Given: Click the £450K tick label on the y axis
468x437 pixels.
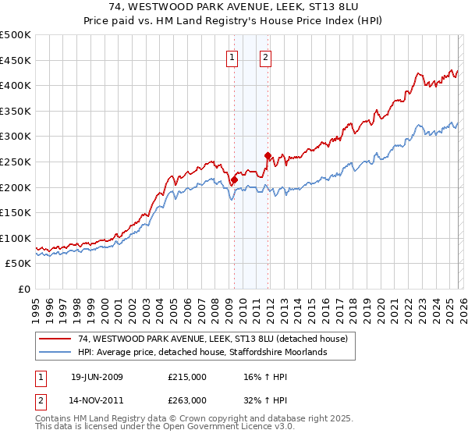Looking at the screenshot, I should click(16, 60).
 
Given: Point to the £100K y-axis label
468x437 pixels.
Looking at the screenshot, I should click(16, 238).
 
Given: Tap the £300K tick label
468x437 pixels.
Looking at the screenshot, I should click(16, 137).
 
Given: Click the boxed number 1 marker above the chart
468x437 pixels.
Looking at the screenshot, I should click(232, 56).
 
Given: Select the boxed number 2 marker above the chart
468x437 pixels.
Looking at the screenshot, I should click(266, 56).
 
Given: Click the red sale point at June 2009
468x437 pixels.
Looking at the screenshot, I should click(234, 179).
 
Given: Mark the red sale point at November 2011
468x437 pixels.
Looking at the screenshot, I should click(268, 155).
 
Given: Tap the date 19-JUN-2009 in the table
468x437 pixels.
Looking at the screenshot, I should click(97, 377).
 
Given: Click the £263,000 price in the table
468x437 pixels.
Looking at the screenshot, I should click(186, 399).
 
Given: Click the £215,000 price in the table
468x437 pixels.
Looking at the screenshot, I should click(186, 377).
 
